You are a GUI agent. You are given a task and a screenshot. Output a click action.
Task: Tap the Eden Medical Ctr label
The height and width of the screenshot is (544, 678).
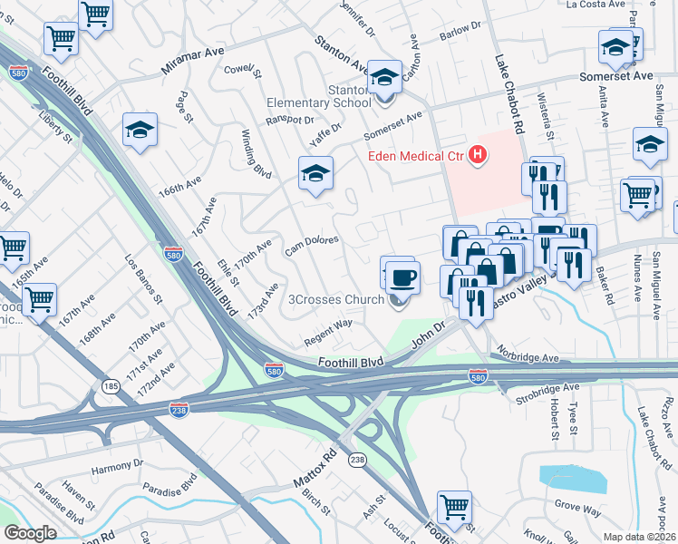pyautogui.click(x=416, y=157)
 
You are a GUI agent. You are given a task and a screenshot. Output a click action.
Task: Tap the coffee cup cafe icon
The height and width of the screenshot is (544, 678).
pyautogui.click(x=402, y=277)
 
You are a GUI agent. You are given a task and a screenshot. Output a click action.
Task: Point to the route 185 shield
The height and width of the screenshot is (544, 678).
pyautogui.click(x=111, y=387)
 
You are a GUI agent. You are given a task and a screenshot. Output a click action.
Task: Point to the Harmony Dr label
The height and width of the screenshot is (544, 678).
pyautogui.click(x=118, y=465)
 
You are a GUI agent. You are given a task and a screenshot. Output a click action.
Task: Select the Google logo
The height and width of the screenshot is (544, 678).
pyautogui.click(x=30, y=533)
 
